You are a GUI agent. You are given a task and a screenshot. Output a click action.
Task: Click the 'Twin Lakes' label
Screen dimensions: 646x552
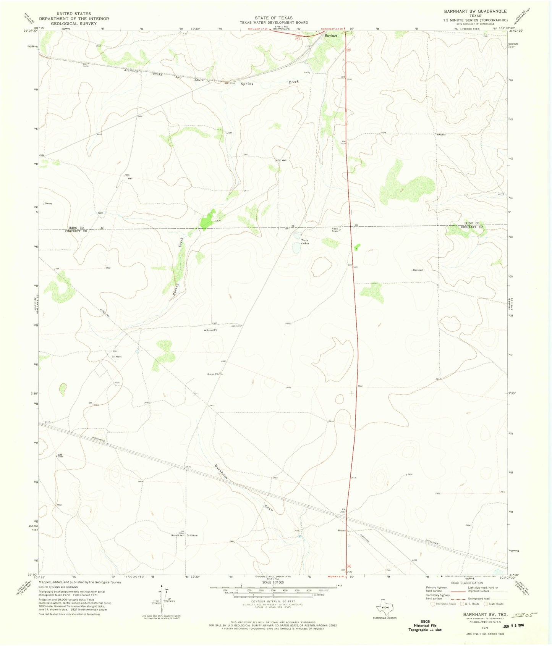coord(304,241)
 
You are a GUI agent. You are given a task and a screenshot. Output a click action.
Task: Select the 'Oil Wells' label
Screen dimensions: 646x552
coord(117,357)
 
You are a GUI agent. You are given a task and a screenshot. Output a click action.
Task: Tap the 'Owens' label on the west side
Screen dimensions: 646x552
coord(49,203)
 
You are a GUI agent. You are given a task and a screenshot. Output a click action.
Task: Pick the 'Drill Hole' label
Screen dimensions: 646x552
coord(192,535)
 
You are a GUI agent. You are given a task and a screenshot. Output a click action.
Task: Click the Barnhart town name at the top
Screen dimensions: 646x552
coord(331,36)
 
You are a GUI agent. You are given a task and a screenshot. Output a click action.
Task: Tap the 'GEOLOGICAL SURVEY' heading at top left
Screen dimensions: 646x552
coord(74,24)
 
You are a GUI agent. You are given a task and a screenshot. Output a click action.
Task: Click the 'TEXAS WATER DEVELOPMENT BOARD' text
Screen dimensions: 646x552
coord(274,23)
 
